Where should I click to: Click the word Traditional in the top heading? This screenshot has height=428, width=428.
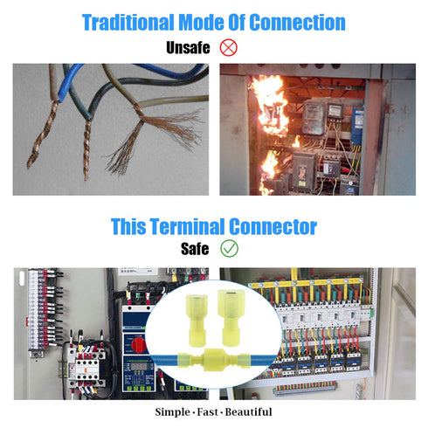click(x=128, y=23)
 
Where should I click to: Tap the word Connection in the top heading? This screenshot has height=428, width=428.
click(x=298, y=23)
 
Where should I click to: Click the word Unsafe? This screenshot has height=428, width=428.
click(x=188, y=47)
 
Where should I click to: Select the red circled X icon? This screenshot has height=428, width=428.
click(x=228, y=47)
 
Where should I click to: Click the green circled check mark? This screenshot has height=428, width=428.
click(x=229, y=248)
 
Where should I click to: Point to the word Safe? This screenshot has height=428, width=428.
click(x=195, y=249)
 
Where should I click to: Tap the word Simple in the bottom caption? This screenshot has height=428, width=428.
click(x=172, y=412)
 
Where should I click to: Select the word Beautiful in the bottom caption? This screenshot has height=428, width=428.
click(x=248, y=412)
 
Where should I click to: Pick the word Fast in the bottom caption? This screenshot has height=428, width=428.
click(x=207, y=412)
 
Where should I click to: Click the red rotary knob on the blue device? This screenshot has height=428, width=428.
click(x=138, y=344)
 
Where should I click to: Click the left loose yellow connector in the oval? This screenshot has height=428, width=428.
click(x=197, y=321)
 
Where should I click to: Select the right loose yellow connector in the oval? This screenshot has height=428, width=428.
click(x=231, y=317)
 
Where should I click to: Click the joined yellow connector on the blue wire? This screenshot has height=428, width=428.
click(x=214, y=360)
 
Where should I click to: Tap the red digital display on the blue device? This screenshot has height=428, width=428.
click(x=139, y=366)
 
